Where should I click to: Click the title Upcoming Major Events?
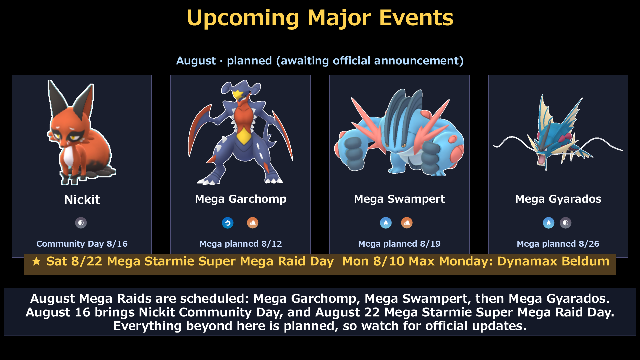click(x=320, y=18)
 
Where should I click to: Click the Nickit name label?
click(x=82, y=200)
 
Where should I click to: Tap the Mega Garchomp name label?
click(x=241, y=199)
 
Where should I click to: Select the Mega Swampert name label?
click(x=399, y=199)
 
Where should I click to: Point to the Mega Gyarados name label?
click(x=558, y=199)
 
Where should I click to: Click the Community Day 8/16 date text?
click(x=82, y=244)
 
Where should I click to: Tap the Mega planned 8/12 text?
click(x=241, y=244)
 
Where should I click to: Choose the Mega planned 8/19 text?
click(x=399, y=244)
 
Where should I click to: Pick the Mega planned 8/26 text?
click(x=558, y=244)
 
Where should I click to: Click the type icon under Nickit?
click(x=81, y=223)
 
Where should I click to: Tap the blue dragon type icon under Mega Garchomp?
click(x=228, y=223)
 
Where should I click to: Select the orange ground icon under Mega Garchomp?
click(x=253, y=223)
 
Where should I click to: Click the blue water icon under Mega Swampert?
click(x=386, y=223)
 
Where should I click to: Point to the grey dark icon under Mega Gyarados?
click(x=566, y=223)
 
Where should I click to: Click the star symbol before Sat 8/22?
click(x=36, y=261)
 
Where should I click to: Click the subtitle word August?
click(x=196, y=61)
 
